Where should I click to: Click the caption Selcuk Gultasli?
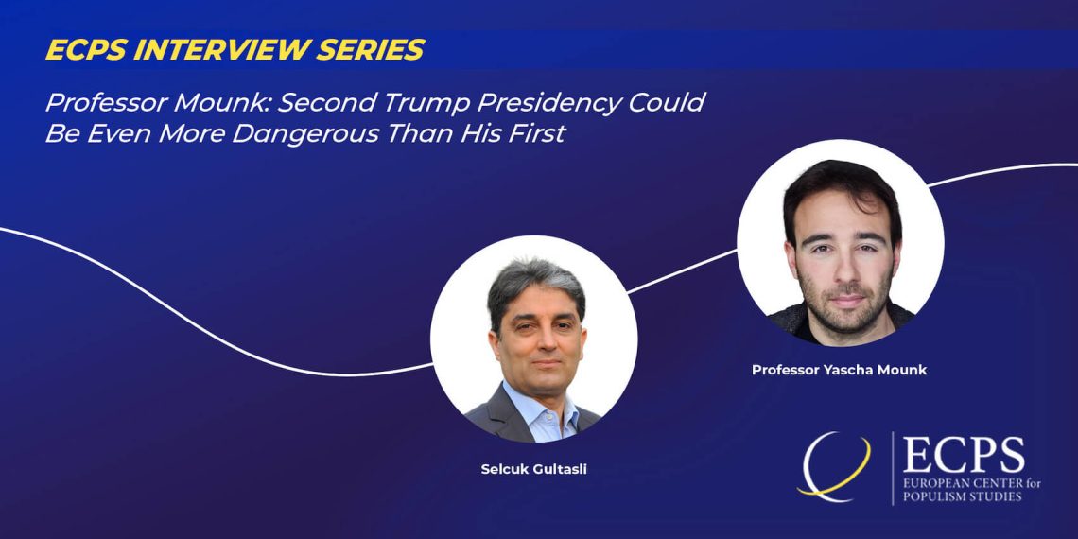point(533,471)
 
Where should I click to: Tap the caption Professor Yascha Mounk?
point(839,370)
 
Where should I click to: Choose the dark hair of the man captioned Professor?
point(841,189)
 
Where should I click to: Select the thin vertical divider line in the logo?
point(893,467)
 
